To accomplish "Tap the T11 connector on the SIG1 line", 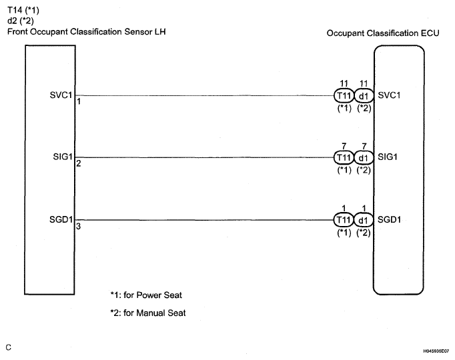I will click(344, 157).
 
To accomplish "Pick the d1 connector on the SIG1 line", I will click(363, 157).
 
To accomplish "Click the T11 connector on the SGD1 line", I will click(344, 220).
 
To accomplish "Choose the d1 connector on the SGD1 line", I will click(363, 220).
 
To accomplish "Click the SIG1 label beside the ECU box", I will click(389, 157).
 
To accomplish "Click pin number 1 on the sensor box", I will click(79, 101).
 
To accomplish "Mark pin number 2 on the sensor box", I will click(79, 164).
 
